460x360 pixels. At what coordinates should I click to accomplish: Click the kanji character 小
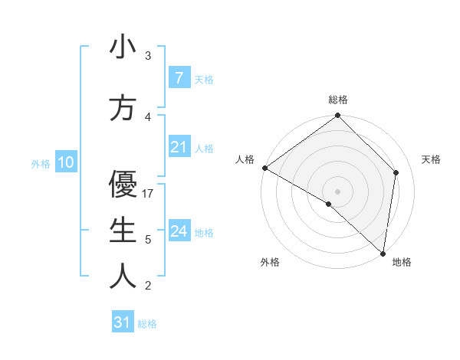pyautogui.click(x=123, y=47)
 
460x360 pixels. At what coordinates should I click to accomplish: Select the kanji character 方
pyautogui.click(x=123, y=108)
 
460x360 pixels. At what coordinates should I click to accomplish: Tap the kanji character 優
pyautogui.click(x=123, y=184)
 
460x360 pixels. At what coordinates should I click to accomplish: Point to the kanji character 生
pyautogui.click(x=123, y=231)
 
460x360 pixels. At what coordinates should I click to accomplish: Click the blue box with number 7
pyautogui.click(x=179, y=77)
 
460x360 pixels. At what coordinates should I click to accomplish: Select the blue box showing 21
pyautogui.click(x=179, y=147)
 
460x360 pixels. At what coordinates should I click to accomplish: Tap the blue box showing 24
pyautogui.click(x=179, y=231)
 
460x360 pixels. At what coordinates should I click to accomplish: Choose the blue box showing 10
pyautogui.click(x=65, y=162)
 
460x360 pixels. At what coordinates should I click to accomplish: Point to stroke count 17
pyautogui.click(x=149, y=193)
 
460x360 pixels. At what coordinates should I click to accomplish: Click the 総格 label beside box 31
pyautogui.click(x=147, y=324)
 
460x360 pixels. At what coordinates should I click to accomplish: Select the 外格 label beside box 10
pyautogui.click(x=40, y=163)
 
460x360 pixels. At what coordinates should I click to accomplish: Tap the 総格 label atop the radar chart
pyautogui.click(x=338, y=100)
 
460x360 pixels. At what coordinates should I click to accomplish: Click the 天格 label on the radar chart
pyautogui.click(x=432, y=159)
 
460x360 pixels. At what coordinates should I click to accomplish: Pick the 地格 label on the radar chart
pyautogui.click(x=402, y=262)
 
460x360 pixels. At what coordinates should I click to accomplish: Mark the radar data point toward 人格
pyautogui.click(x=264, y=168)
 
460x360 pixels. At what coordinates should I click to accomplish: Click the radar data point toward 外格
pyautogui.click(x=329, y=204)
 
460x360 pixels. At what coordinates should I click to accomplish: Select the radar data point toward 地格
pyautogui.click(x=383, y=253)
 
